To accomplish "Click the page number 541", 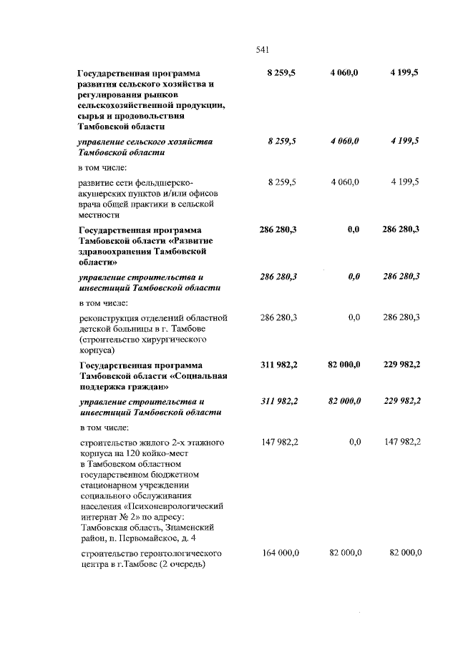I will click(262, 49).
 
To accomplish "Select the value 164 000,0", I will click(279, 553).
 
